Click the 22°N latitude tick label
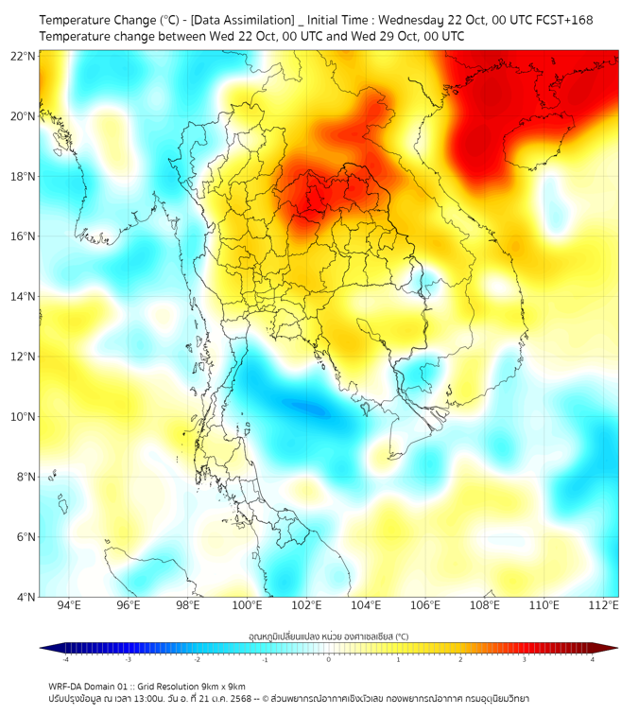point(24,56)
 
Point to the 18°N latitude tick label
point(24,176)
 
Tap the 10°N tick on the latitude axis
point(24,416)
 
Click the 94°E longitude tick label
point(69,606)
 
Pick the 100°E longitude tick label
point(247,606)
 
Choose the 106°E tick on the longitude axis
point(425,606)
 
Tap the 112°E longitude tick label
point(603,606)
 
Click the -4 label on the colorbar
point(65,660)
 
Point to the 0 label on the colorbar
point(328,660)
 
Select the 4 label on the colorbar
point(592,660)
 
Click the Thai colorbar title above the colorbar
point(328,636)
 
